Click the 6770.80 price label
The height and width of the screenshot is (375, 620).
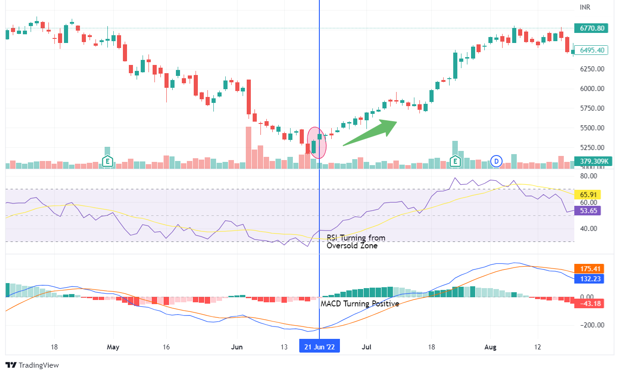[x=592, y=28]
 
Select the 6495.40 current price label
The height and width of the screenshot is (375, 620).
[x=592, y=50]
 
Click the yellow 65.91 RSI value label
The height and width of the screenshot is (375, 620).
[x=588, y=194]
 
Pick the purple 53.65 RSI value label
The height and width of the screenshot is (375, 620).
[x=588, y=210]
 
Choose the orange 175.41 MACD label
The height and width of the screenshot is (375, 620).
[x=589, y=269]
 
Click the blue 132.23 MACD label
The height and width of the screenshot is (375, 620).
[x=589, y=279]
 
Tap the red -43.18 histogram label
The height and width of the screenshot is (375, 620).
[x=589, y=303]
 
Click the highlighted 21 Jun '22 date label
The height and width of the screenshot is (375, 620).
[x=319, y=347]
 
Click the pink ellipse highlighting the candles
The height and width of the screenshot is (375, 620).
[x=317, y=143]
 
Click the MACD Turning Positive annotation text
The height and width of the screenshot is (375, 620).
[x=360, y=304]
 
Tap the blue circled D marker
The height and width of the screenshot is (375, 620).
[x=496, y=161]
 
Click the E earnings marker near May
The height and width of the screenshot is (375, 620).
[x=107, y=161]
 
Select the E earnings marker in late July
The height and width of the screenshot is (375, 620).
[x=455, y=161]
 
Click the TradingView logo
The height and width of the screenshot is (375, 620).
[x=32, y=365]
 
